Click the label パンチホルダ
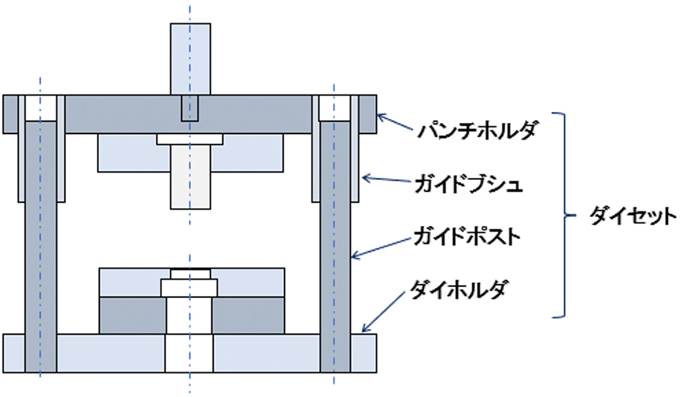pyautogui.click(x=478, y=130)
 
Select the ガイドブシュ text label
pyautogui.click(x=469, y=184)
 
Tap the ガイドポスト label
pyautogui.click(x=467, y=237)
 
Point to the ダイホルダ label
pyautogui.click(x=458, y=289)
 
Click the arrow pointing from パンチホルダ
pyautogui.click(x=395, y=122)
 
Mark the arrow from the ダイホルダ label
pyautogui.click(x=383, y=311)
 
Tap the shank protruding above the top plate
pyautogui.click(x=191, y=59)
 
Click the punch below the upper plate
pyautogui.click(x=191, y=177)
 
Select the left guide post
pyautogui.click(x=40, y=247)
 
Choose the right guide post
pyautogui.click(x=335, y=247)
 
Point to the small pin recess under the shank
pyautogui.click(x=189, y=108)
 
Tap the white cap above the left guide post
pyautogui.click(x=40, y=108)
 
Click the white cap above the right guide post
pyautogui.click(x=335, y=108)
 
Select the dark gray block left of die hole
pyautogui.click(x=133, y=316)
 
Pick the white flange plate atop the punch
pyautogui.click(x=190, y=139)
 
